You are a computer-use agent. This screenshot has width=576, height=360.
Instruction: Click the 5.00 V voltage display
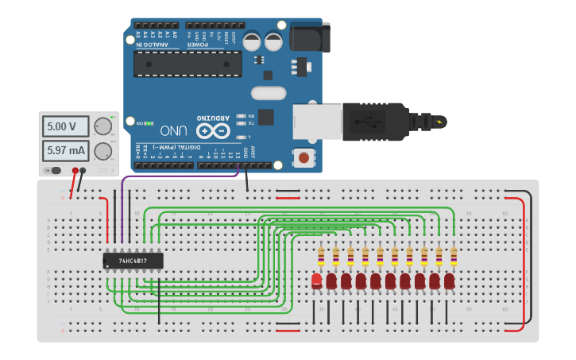pyautogui.click(x=62, y=126)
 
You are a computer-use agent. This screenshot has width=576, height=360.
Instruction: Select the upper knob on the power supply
pyautogui.click(x=102, y=126)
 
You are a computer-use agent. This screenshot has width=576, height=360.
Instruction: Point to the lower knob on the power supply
pyautogui.click(x=102, y=151)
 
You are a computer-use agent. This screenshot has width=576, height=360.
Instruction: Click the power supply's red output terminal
pyautogui.click(x=75, y=171)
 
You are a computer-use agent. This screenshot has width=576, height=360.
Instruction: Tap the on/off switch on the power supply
pyautogui.click(x=54, y=171)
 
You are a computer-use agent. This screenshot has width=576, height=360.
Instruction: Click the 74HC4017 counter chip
pyautogui.click(x=133, y=261)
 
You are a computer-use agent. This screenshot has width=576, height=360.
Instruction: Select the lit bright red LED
pyautogui.click(x=317, y=281)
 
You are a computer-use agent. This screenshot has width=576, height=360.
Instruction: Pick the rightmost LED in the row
pyautogui.click(x=450, y=281)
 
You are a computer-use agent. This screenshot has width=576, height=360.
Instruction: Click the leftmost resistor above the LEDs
pyautogui.click(x=321, y=257)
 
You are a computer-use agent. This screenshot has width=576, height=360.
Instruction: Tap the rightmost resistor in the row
pyautogui.click(x=454, y=257)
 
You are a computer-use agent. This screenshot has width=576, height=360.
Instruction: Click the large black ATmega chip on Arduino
pyautogui.click(x=187, y=64)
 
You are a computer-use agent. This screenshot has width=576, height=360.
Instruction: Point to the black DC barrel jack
pyautogui.click(x=309, y=38)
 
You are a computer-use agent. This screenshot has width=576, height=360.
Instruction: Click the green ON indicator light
pyautogui.click(x=149, y=123)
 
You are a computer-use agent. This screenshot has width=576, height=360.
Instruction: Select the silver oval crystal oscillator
pyautogui.click(x=269, y=93)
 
